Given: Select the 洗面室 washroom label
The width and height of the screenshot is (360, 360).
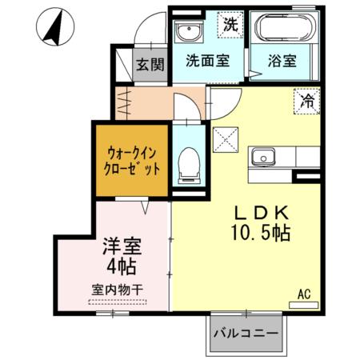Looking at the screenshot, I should pyautogui.click(x=206, y=59).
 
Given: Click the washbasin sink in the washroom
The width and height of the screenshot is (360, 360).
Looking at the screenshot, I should pyautogui.click(x=188, y=33).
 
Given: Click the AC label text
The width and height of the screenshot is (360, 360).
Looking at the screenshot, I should pyautogui.click(x=304, y=294).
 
